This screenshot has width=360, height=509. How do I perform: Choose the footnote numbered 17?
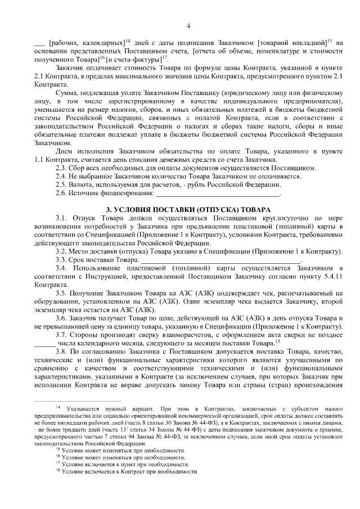(x=57, y=465)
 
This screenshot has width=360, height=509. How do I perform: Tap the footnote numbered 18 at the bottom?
(x=57, y=472)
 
